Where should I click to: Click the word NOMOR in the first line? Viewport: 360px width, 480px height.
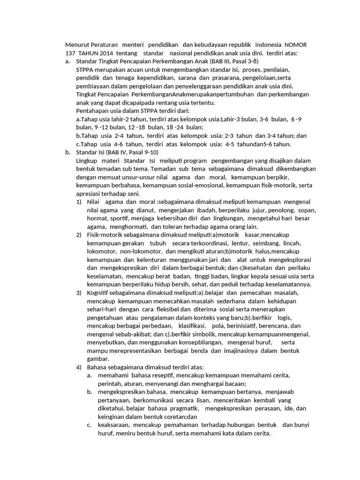point(295,45)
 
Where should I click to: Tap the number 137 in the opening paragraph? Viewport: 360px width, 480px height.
point(70,53)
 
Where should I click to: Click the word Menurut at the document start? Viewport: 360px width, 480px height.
point(76,45)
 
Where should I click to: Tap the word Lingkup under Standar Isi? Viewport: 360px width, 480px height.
point(87,160)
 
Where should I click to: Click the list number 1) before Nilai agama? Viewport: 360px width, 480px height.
point(79,202)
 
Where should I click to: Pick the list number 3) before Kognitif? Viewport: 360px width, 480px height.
point(79,292)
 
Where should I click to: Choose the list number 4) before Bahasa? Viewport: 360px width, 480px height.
point(79,367)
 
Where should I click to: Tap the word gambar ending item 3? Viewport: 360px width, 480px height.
point(98,359)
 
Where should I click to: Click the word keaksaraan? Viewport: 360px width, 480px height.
point(113,425)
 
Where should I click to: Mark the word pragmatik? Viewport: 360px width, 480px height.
point(176,408)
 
